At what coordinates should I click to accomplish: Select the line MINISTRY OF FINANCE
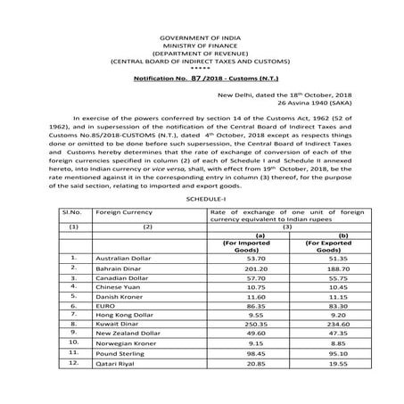pos(202,25)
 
